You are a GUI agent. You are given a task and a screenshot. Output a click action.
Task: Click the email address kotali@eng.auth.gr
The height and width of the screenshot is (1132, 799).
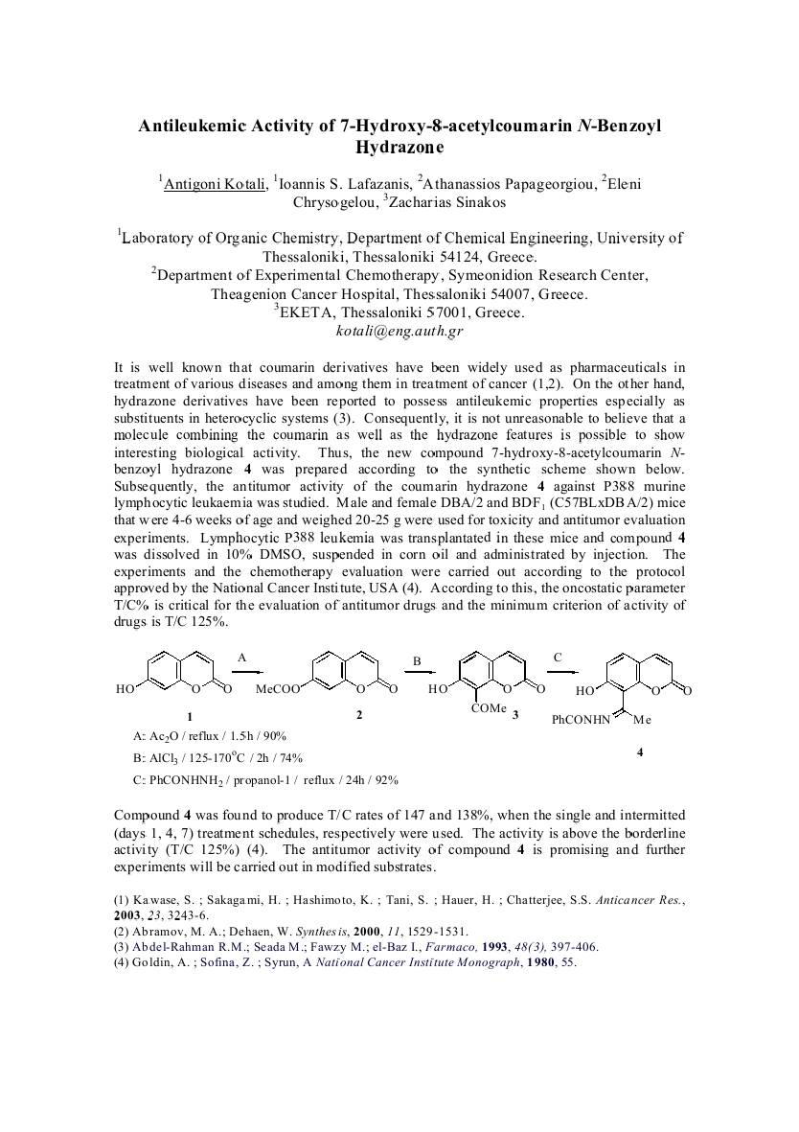(399, 331)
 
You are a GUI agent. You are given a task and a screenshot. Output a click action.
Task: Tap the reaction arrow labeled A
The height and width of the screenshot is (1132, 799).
(244, 672)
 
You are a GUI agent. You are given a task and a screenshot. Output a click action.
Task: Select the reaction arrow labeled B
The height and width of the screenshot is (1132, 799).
(418, 674)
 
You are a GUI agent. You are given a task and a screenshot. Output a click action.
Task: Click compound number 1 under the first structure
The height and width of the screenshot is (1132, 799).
(190, 716)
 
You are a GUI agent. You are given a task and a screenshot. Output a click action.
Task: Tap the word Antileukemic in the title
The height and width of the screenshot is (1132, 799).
(197, 126)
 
